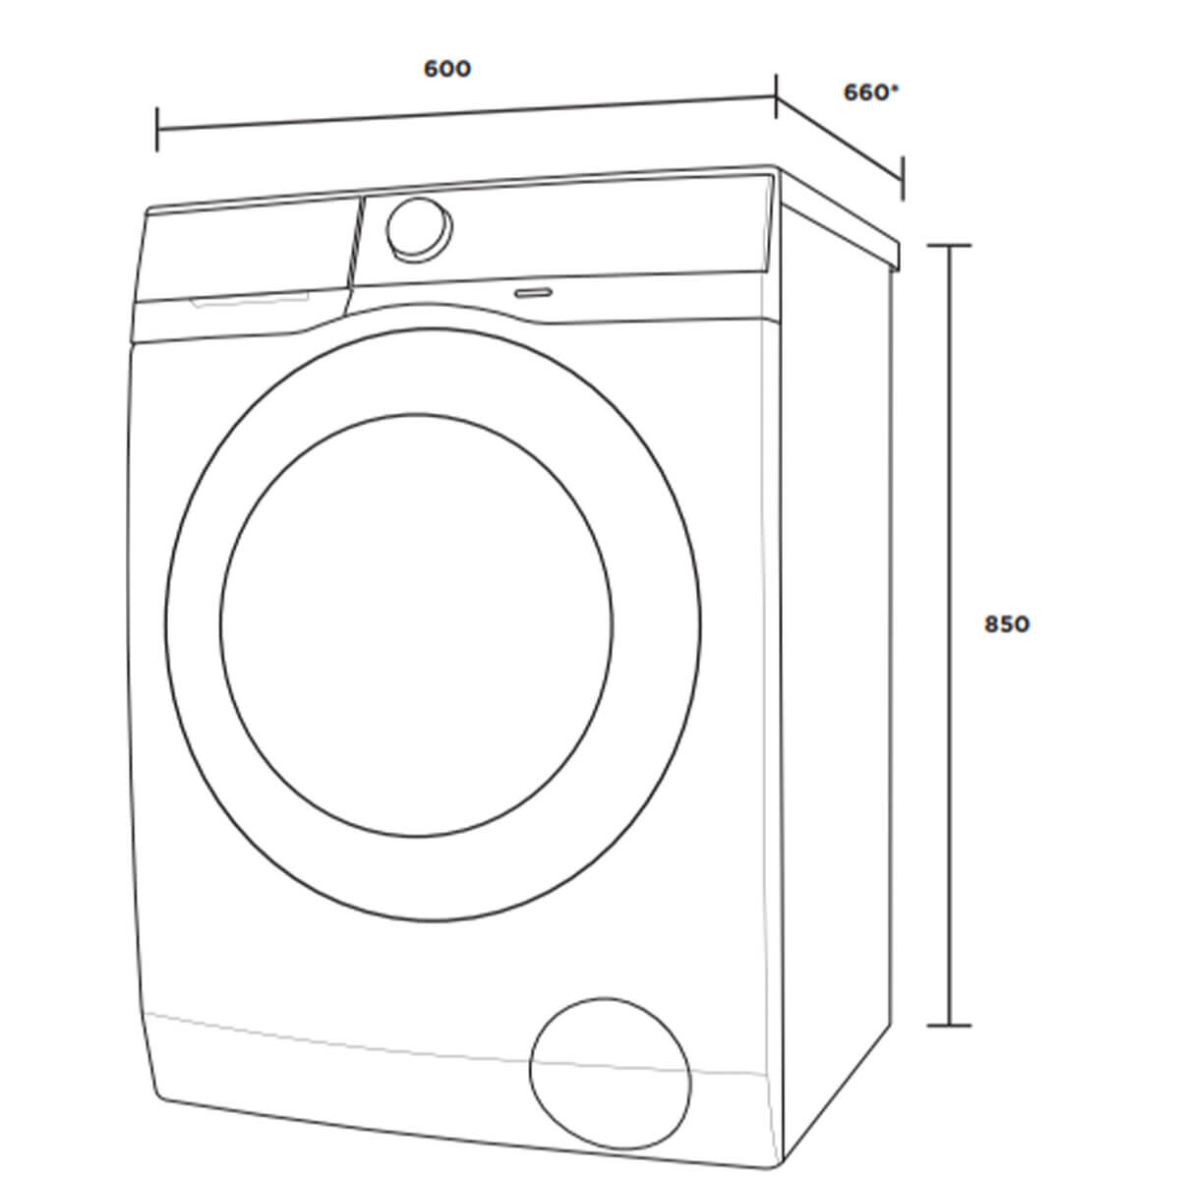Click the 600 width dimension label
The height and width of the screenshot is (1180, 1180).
(447, 69)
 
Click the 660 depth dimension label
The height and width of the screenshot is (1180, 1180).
(865, 92)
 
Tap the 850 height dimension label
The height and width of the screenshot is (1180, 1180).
(1007, 624)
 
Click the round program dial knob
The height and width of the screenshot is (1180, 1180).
(419, 229)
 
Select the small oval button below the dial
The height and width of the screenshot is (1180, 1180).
(533, 293)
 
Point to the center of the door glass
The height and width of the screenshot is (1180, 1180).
(416, 624)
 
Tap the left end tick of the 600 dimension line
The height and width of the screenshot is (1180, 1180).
(157, 129)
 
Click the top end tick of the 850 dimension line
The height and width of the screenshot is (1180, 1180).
(949, 246)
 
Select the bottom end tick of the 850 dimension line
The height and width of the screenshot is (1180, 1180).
(949, 1025)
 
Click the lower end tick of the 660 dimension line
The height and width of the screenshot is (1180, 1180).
(903, 179)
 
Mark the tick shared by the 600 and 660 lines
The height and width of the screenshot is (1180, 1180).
(777, 96)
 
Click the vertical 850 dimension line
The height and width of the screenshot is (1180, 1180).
(949, 635)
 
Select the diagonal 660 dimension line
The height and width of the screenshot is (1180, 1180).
(840, 138)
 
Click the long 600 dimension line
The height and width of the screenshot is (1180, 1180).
(467, 113)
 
